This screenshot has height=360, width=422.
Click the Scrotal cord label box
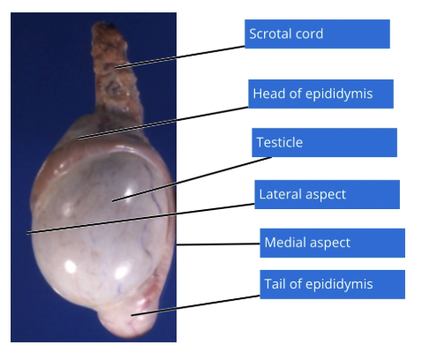coord(317,34)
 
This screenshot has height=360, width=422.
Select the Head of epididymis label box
coord(320,94)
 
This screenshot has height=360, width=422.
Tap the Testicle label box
coord(324,142)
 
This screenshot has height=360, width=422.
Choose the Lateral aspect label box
coord(327,194)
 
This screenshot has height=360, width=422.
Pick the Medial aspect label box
coord(332,243)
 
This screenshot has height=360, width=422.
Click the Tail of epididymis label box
coord(332,284)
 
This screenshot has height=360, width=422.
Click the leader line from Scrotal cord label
coord(180,57)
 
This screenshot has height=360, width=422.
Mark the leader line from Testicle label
coord(192,179)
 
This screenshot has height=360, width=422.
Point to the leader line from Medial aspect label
coord(218,244)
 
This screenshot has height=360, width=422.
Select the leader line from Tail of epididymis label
coord(195,305)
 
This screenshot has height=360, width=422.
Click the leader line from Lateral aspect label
coord(140,219)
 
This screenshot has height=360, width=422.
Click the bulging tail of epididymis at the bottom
coord(130,319)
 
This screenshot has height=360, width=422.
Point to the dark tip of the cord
coord(111,26)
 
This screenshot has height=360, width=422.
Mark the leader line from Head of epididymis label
coord(163,123)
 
